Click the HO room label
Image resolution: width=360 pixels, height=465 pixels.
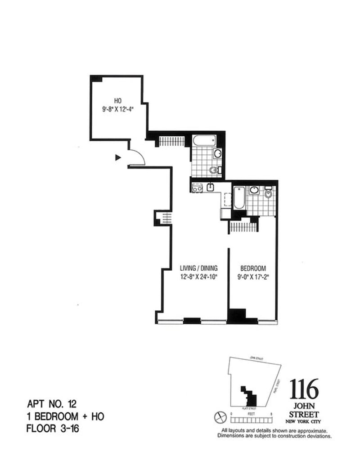click(x=118, y=101)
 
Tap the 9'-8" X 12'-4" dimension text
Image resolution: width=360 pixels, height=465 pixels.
click(x=118, y=108)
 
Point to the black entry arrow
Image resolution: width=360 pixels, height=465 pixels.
click(x=118, y=157)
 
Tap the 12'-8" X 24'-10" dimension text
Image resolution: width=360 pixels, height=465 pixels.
click(x=198, y=277)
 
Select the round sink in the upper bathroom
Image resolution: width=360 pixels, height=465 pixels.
click(x=217, y=154)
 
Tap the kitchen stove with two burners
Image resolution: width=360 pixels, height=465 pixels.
click(x=196, y=188)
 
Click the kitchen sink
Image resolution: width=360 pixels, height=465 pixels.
click(x=211, y=188)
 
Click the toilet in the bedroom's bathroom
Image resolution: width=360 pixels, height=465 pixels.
click(x=269, y=194)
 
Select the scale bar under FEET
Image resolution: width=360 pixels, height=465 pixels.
click(x=252, y=420)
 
